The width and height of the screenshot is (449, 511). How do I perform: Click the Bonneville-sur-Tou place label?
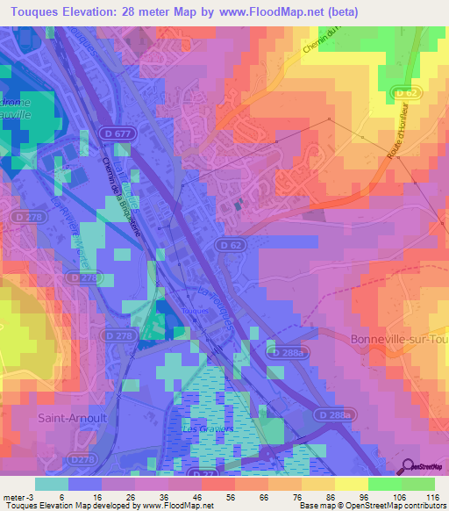click(x=398, y=340)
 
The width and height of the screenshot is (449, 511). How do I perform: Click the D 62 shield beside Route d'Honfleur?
click(x=404, y=92)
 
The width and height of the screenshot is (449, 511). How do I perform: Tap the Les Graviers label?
click(x=201, y=428)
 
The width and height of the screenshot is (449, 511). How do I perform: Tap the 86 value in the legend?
click(x=328, y=496)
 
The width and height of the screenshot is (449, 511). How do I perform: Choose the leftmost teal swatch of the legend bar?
click(x=52, y=484)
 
